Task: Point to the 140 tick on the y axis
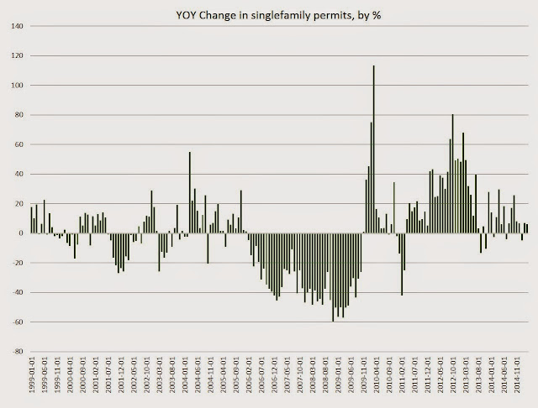coord(15,26)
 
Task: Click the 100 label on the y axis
coord(15,86)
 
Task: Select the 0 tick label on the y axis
coord(19,233)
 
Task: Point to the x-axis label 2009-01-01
coord(343,379)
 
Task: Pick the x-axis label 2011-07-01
coord(420,379)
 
